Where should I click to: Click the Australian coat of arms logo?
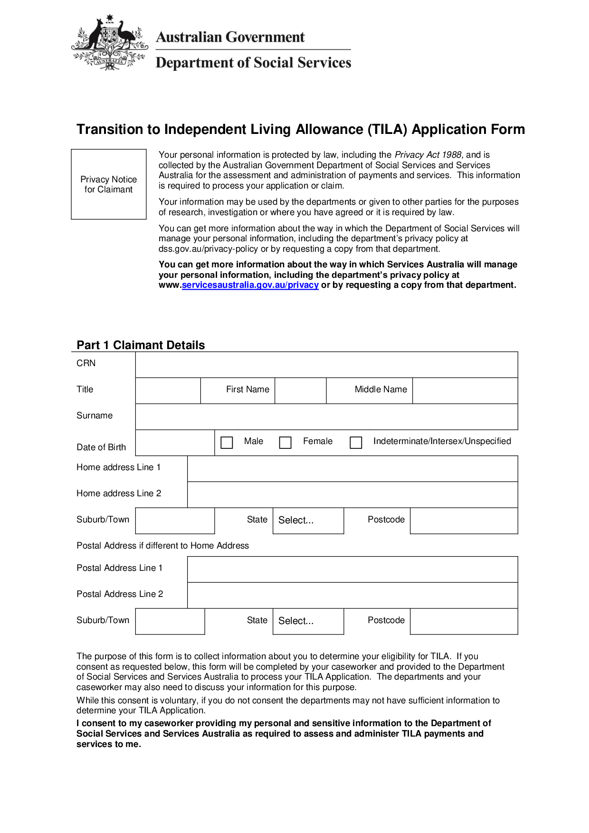(110, 43)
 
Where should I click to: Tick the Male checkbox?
(227, 443)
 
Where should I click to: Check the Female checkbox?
(285, 443)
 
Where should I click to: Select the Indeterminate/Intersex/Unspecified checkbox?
(356, 443)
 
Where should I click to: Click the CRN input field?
(326, 365)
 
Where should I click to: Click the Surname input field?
(326, 416)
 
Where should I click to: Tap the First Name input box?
(300, 390)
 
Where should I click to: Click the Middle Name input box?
(465, 390)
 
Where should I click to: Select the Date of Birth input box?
(175, 443)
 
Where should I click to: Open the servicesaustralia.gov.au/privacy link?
(250, 285)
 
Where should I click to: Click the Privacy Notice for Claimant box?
(109, 184)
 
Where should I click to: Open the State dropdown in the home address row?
(308, 521)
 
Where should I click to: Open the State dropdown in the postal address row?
(308, 621)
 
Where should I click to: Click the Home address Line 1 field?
(352, 469)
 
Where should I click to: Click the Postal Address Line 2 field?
(352, 595)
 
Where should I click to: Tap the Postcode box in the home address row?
(464, 521)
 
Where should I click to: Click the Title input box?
(168, 390)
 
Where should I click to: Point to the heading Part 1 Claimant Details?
(141, 345)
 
